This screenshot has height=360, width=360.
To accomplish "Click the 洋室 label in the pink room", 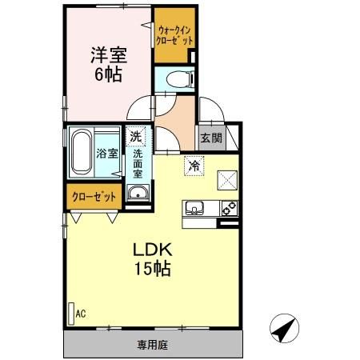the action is click(109, 55).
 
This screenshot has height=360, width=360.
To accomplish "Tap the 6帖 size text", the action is click(109, 74).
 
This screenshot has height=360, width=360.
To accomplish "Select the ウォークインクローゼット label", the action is click(174, 35).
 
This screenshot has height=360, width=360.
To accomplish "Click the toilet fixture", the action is click(180, 79).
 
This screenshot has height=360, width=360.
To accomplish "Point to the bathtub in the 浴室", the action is click(82, 152).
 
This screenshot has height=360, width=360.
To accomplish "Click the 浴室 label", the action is click(107, 154).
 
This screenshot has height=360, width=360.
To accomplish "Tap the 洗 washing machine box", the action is click(136, 136).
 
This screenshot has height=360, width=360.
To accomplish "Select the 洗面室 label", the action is click(138, 164).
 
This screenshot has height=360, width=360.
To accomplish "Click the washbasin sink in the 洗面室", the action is click(138, 193).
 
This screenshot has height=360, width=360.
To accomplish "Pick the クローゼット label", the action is click(94, 197).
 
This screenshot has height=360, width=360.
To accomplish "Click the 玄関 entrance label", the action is click(211, 138).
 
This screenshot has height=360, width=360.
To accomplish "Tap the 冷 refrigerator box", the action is click(194, 166).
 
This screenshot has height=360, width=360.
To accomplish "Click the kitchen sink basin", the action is click(194, 208).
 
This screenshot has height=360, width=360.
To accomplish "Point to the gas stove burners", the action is click(230, 208).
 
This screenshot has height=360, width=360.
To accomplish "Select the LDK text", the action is click(153, 250).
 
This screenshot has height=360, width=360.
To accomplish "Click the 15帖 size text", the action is click(153, 268).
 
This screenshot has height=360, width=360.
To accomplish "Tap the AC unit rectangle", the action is click(71, 314).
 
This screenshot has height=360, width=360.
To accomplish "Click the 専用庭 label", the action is click(153, 345).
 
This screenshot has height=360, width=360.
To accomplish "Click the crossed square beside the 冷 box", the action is click(227, 180).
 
